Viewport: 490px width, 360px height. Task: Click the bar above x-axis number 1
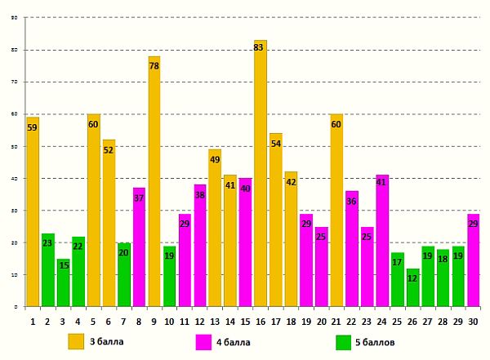pos(33,212)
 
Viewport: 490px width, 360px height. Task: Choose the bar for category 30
pos(472,260)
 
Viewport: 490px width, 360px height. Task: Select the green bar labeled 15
pos(63,282)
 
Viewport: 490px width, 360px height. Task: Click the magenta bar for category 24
pos(382,241)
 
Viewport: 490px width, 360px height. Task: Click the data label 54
pos(275,144)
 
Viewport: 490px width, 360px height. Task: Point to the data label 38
pos(199,195)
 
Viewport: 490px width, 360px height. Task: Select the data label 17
pos(397,262)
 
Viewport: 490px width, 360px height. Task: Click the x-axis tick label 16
pos(260,321)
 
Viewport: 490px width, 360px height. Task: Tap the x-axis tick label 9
pos(154,321)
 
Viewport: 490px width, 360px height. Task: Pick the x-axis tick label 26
pos(412,321)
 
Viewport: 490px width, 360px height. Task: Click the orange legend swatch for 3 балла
pos(76,341)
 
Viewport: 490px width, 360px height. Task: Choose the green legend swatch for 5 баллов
pos(344,341)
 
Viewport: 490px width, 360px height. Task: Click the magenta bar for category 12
pos(199,245)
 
